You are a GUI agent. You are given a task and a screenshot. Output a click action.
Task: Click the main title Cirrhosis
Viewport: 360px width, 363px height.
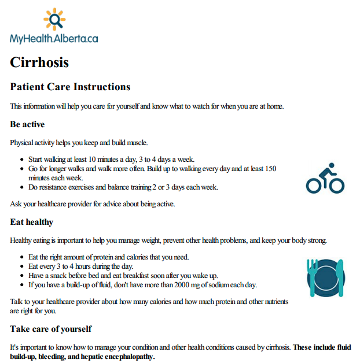tap(39, 62)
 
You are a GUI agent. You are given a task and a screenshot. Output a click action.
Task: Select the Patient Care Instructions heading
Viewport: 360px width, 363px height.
tap(70, 87)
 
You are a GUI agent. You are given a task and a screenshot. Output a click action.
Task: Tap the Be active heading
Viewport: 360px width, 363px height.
tap(27, 124)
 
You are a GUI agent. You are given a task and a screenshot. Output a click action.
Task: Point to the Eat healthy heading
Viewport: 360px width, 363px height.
tap(32, 222)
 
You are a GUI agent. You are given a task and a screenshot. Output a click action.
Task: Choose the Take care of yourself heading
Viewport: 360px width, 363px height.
tap(51, 329)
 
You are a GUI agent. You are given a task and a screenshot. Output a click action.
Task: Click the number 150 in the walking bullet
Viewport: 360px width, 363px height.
tap(270, 169)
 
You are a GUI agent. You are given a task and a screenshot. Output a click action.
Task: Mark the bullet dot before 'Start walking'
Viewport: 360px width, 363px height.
tap(21, 160)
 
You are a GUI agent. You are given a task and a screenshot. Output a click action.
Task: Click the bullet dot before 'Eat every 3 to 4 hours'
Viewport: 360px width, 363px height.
tap(21, 266)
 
